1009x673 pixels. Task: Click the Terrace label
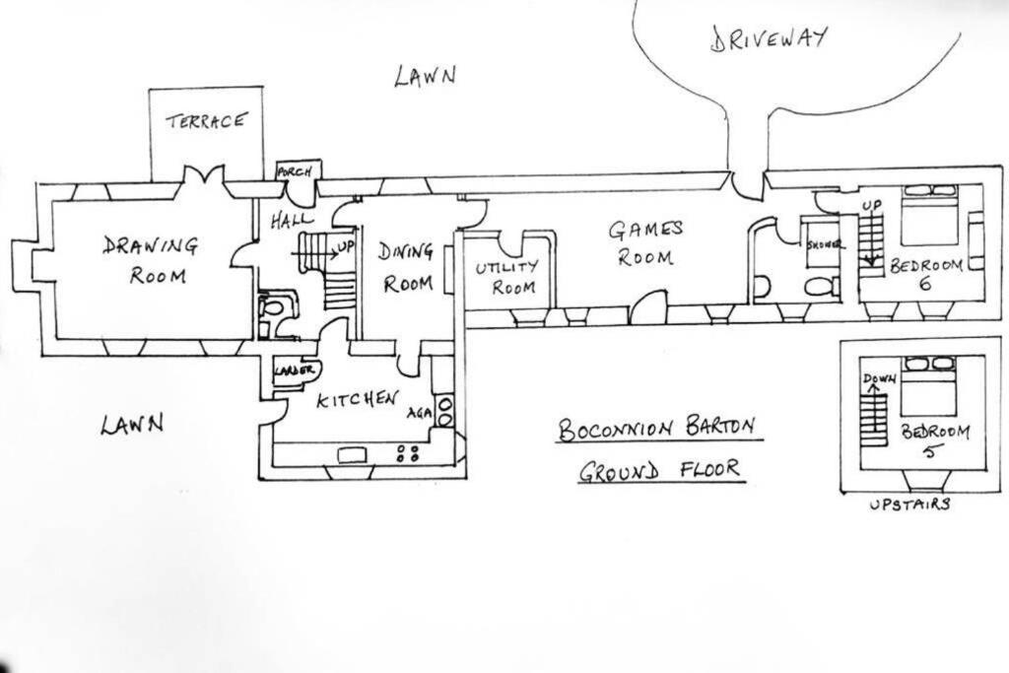point(206,121)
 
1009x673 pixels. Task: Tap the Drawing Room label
point(152,260)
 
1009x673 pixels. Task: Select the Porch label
point(294,171)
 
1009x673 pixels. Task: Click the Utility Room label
point(507,277)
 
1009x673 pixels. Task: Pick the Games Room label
point(645,243)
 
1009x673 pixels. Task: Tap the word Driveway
point(769,38)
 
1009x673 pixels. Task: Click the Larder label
point(294,370)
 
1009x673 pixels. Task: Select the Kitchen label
point(357,399)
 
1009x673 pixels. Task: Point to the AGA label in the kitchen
point(419,413)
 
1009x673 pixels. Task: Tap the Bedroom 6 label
point(926,274)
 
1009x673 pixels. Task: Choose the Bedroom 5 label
point(934,439)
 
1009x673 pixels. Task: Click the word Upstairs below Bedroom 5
point(909,505)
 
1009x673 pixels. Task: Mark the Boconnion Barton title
point(656,429)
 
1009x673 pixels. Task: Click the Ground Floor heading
point(660,471)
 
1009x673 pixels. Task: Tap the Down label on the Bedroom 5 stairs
point(879,378)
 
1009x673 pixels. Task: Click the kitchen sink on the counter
point(352,455)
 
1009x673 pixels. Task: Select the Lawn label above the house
point(425,75)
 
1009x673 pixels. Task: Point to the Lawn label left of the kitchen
point(132,424)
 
